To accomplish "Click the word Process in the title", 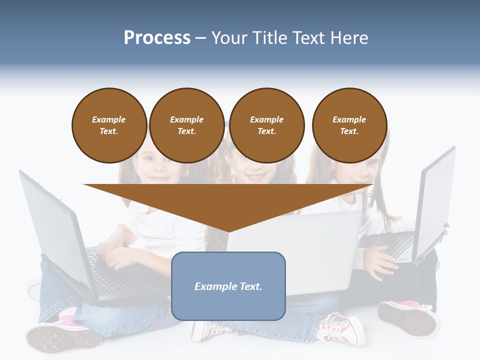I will pos(157,37).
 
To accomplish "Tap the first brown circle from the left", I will pos(109,125).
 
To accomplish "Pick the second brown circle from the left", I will pos(186,125).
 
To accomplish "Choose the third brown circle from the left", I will pos(266,125).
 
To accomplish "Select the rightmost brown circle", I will pos(349,125).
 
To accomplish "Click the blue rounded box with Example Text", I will pos(228,286).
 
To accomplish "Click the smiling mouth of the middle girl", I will pos(255,177).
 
